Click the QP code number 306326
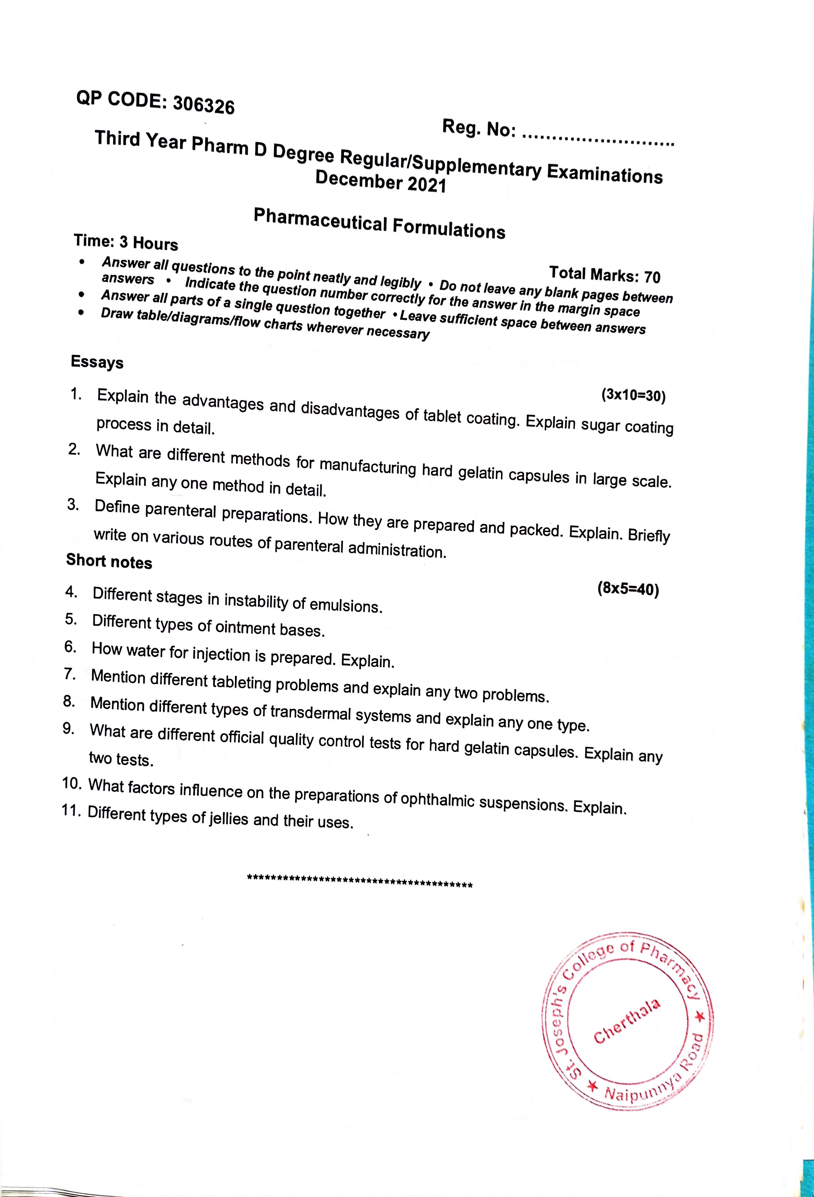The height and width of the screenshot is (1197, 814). (203, 105)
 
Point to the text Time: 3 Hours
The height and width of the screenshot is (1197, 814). (126, 242)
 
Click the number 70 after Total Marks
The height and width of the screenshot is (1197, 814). (652, 277)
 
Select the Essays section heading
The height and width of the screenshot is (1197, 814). (97, 362)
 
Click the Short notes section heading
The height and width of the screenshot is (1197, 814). (109, 561)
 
